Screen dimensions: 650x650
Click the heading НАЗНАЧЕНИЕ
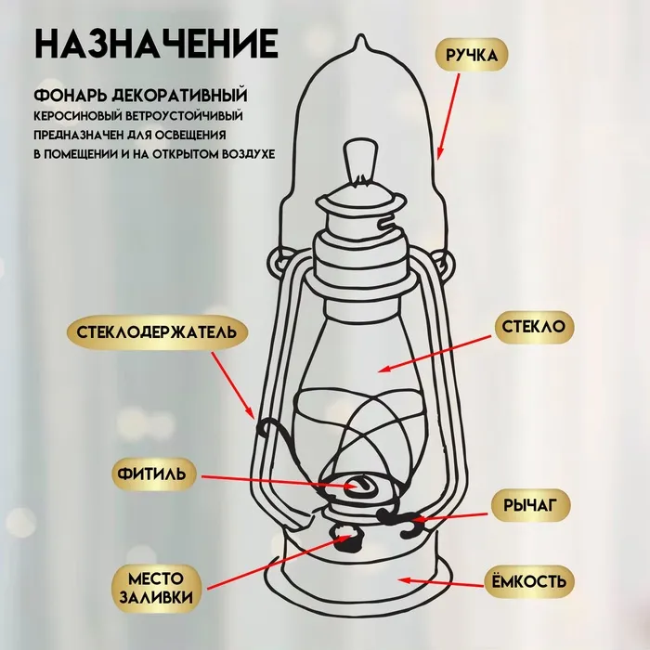156,44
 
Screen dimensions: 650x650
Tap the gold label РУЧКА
472,55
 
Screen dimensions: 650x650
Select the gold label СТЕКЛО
534,327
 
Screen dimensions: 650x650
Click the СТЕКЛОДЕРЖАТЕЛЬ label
157,332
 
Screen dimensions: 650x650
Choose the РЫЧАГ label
530,505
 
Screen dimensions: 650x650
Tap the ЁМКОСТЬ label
529,582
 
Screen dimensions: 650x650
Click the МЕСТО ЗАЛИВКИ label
156,588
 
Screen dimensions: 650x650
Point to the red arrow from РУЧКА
448,116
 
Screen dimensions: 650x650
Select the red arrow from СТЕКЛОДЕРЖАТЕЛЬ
232,384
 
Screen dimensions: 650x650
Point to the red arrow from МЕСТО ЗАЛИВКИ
279,562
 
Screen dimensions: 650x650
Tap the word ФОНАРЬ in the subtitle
70,96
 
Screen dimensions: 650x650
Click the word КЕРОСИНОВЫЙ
78,116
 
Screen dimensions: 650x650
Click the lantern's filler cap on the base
346,537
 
